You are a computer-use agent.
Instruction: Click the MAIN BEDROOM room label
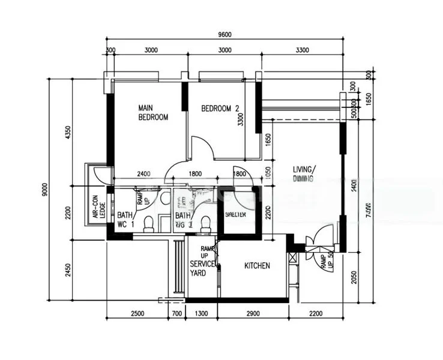tap(152, 112)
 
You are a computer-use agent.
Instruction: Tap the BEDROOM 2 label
tap(220, 109)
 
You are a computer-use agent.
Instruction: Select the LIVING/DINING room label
tap(304, 173)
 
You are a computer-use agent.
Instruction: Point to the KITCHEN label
tap(257, 265)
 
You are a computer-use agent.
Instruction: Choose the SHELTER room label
tap(236, 214)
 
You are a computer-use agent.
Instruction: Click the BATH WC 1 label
tap(125, 220)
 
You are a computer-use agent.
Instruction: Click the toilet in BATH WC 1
tap(148, 224)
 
